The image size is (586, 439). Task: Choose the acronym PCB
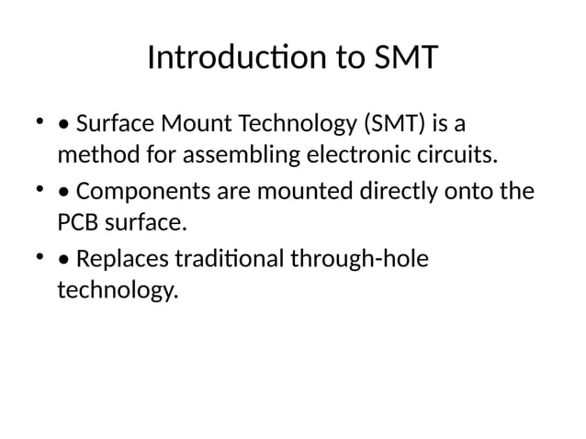point(78,223)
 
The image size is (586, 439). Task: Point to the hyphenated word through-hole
point(359,262)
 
